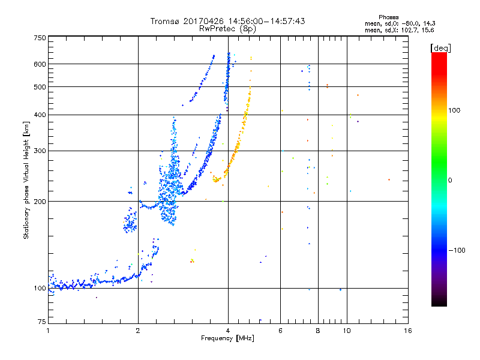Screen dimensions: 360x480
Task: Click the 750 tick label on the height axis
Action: point(40,38)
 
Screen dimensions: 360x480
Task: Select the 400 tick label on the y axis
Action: point(40,115)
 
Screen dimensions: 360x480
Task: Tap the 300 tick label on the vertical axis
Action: point(40,151)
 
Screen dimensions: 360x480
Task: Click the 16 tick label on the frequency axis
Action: point(407,331)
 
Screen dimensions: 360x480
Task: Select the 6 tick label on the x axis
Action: point(281,331)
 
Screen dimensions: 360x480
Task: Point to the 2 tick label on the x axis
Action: point(138,331)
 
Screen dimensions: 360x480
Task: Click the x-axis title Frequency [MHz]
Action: point(227,339)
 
